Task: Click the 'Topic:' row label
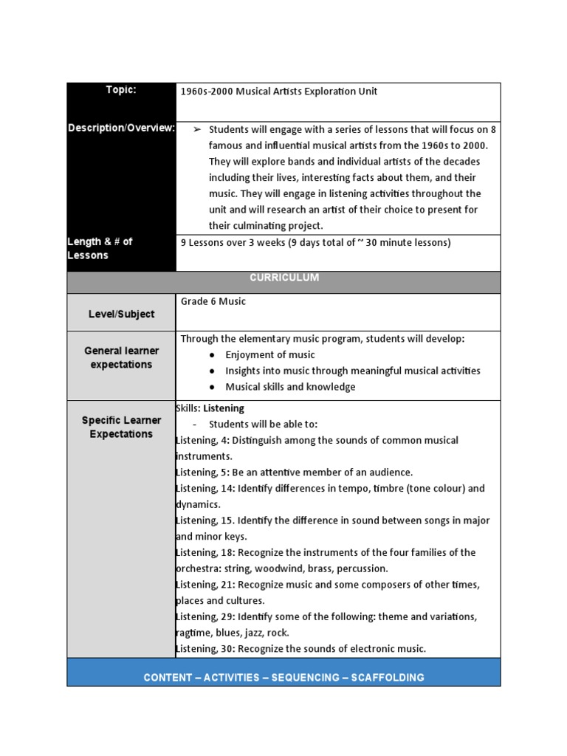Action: pyautogui.click(x=121, y=90)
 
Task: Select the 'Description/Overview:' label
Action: pyautogui.click(x=121, y=128)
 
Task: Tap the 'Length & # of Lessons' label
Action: pyautogui.click(x=100, y=249)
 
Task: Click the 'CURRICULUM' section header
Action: pyautogui.click(x=283, y=278)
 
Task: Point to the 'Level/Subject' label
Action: pyautogui.click(x=121, y=314)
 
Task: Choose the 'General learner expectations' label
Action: pyautogui.click(x=121, y=357)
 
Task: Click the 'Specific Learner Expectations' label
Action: pyautogui.click(x=121, y=427)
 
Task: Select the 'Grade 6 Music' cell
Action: pyautogui.click(x=213, y=301)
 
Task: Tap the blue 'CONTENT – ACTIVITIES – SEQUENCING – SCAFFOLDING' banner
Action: pyautogui.click(x=283, y=677)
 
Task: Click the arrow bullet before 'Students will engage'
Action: pyautogui.click(x=197, y=129)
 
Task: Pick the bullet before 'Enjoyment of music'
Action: pyautogui.click(x=213, y=355)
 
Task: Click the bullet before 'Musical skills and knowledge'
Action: pyautogui.click(x=213, y=388)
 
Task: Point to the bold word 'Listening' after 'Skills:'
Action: pyautogui.click(x=224, y=408)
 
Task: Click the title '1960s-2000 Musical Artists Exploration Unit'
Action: pyautogui.click(x=278, y=92)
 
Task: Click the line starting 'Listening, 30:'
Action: pyautogui.click(x=301, y=649)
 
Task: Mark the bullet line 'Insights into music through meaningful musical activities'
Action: pyautogui.click(x=352, y=371)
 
